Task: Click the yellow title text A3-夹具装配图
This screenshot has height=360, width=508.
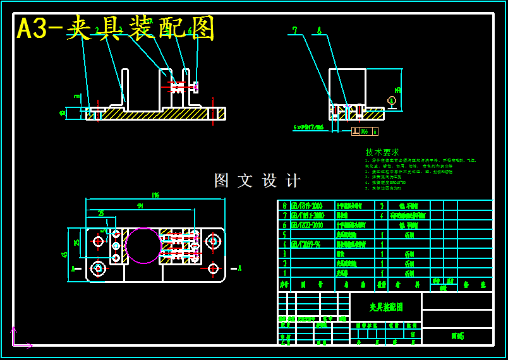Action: [x=116, y=28]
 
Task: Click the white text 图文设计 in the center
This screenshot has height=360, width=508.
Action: [x=257, y=181]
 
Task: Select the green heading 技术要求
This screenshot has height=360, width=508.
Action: [x=382, y=152]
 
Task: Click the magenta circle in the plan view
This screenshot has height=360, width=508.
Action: [x=143, y=246]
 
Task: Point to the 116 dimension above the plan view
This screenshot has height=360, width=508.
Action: [x=155, y=195]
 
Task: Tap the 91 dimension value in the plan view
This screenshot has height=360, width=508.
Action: [x=140, y=206]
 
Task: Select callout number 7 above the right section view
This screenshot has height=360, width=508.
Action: [x=294, y=30]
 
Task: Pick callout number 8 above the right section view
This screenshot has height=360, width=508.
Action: [x=319, y=30]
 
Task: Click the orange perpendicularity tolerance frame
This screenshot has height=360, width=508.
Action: [x=365, y=131]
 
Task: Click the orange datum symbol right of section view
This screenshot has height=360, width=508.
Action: [x=392, y=101]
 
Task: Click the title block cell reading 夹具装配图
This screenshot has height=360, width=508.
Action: [x=385, y=307]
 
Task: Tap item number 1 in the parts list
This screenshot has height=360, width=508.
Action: [x=284, y=273]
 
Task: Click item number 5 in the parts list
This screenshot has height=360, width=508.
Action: [x=284, y=234]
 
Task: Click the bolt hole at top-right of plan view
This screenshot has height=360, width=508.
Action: [x=213, y=241]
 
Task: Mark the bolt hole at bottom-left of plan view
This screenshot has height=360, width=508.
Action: [x=98, y=268]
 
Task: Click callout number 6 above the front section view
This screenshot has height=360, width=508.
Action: [x=190, y=30]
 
